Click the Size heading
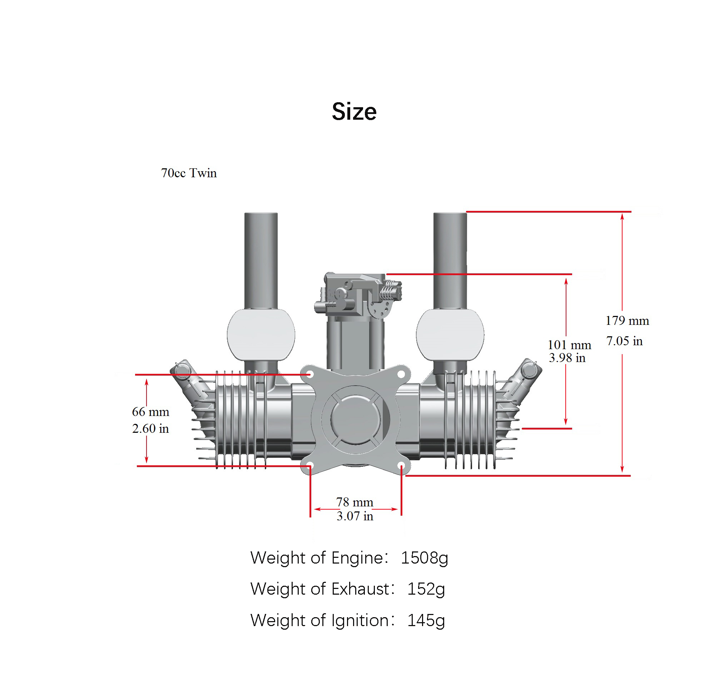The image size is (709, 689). click(x=354, y=111)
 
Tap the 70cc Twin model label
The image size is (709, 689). click(x=189, y=173)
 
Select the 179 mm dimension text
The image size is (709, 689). click(x=627, y=321)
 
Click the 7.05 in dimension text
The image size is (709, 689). click(x=624, y=341)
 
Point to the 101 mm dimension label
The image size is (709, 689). click(x=569, y=345)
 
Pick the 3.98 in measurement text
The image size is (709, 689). click(x=567, y=358)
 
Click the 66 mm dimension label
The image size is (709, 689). click(x=150, y=412)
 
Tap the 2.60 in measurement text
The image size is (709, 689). click(x=150, y=428)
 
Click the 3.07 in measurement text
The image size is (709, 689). click(x=355, y=516)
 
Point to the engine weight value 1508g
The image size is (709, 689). click(x=424, y=557)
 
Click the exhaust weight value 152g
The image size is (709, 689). click(x=426, y=589)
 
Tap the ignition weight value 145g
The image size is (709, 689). click(x=426, y=620)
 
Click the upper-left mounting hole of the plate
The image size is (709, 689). click(x=310, y=374)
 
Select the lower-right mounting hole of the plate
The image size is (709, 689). click(x=401, y=466)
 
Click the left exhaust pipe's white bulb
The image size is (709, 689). click(x=261, y=335)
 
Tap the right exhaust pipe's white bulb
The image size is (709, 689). click(x=450, y=335)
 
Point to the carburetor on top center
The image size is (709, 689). click(x=357, y=295)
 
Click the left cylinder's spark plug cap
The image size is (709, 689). click(x=182, y=370)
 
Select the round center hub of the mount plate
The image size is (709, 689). click(x=356, y=420)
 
